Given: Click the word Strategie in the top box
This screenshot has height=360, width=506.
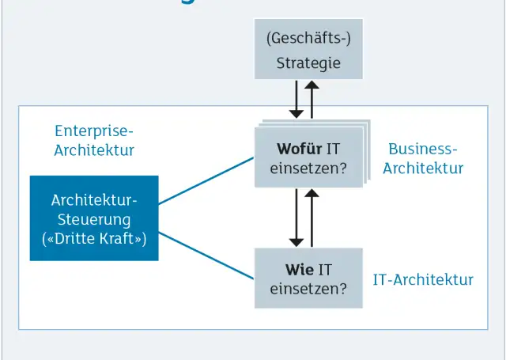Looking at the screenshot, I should pyautogui.click(x=308, y=63).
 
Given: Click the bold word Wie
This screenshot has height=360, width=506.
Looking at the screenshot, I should pyautogui.click(x=300, y=269).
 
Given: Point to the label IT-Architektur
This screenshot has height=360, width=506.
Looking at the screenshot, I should pyautogui.click(x=423, y=279).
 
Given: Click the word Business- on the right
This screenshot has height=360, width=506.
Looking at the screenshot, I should pyautogui.click(x=423, y=149).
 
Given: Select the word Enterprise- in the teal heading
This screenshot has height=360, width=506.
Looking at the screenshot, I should pyautogui.click(x=94, y=131).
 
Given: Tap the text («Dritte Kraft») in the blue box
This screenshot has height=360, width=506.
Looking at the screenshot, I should pyautogui.click(x=94, y=237).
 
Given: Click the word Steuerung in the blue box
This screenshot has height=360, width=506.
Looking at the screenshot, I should pyautogui.click(x=94, y=219).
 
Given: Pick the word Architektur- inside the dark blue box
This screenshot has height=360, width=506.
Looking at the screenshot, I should pyautogui.click(x=94, y=200).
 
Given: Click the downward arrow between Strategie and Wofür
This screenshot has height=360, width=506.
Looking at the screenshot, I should pyautogui.click(x=296, y=99).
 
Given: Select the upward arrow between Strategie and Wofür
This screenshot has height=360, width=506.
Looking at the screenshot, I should pyautogui.click(x=312, y=99).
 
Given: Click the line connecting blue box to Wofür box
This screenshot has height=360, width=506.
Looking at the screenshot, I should pyautogui.click(x=206, y=180).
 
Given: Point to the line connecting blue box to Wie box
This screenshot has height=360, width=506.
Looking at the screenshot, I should pyautogui.click(x=206, y=255).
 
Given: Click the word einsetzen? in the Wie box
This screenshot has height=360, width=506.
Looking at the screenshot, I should pyautogui.click(x=308, y=289).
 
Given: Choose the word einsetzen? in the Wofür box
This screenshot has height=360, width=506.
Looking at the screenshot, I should pyautogui.click(x=308, y=168).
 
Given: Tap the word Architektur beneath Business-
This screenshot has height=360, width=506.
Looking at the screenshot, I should pyautogui.click(x=423, y=168).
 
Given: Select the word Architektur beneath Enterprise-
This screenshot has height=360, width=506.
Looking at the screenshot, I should pyautogui.click(x=94, y=150).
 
